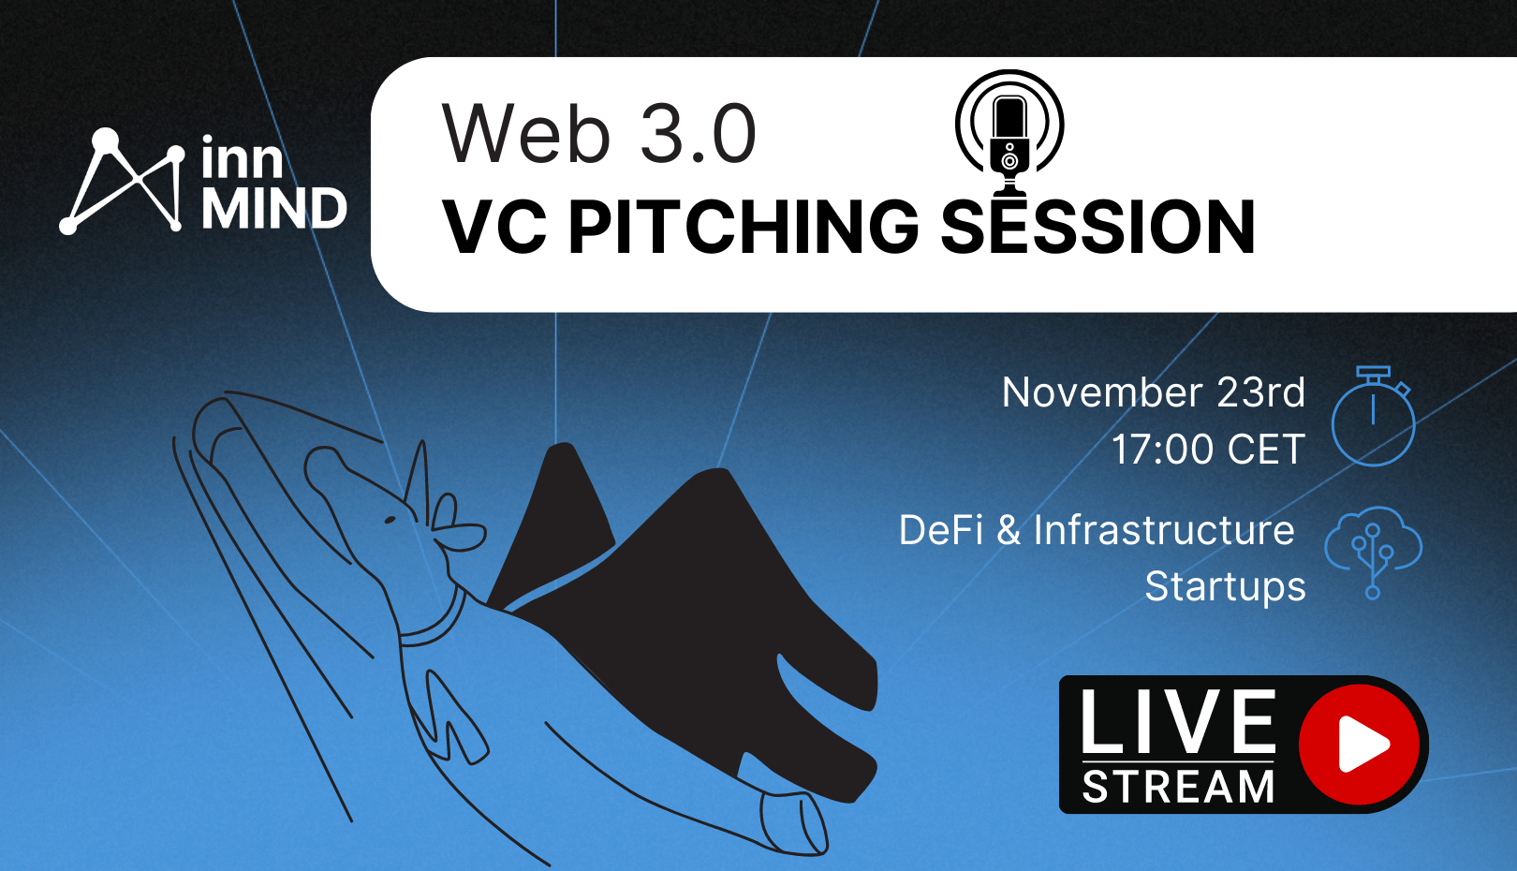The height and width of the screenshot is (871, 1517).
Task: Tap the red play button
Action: pos(1359,745)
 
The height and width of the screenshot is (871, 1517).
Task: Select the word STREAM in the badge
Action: pos(1178,786)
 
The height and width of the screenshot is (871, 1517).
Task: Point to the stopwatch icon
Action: pos(1374,416)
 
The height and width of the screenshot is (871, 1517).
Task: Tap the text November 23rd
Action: pos(1154,392)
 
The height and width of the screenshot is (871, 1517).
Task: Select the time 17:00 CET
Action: pos(1209,449)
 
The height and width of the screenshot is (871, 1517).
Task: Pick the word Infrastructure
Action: pos(1164,530)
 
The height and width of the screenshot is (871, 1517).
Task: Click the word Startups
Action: pos(1225,586)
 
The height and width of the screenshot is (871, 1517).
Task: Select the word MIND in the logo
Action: pos(274,209)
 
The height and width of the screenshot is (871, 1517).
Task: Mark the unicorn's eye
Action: pos(390,520)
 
